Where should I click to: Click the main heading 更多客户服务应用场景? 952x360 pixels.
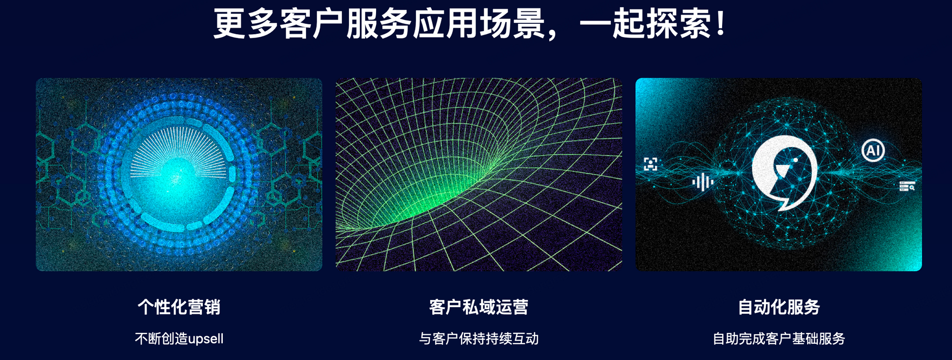tap(379, 23)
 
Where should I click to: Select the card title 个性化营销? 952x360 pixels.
tap(179, 307)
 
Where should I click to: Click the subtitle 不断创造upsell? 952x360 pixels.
tap(179, 339)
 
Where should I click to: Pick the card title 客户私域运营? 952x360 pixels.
tap(479, 307)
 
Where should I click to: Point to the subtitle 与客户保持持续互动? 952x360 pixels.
tap(479, 339)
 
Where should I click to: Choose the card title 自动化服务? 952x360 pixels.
tap(779, 307)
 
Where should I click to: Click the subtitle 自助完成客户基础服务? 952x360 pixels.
tap(779, 339)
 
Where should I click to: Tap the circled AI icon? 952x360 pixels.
tap(873, 150)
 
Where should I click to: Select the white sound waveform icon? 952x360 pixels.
tap(703, 182)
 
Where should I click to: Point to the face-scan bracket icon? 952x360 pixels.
tap(651, 164)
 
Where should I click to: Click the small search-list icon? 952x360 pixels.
tap(907, 186)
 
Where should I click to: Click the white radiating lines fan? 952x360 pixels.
tap(179, 151)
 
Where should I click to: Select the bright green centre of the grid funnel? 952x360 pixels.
tap(428, 200)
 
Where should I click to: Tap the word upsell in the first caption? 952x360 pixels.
tap(206, 339)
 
